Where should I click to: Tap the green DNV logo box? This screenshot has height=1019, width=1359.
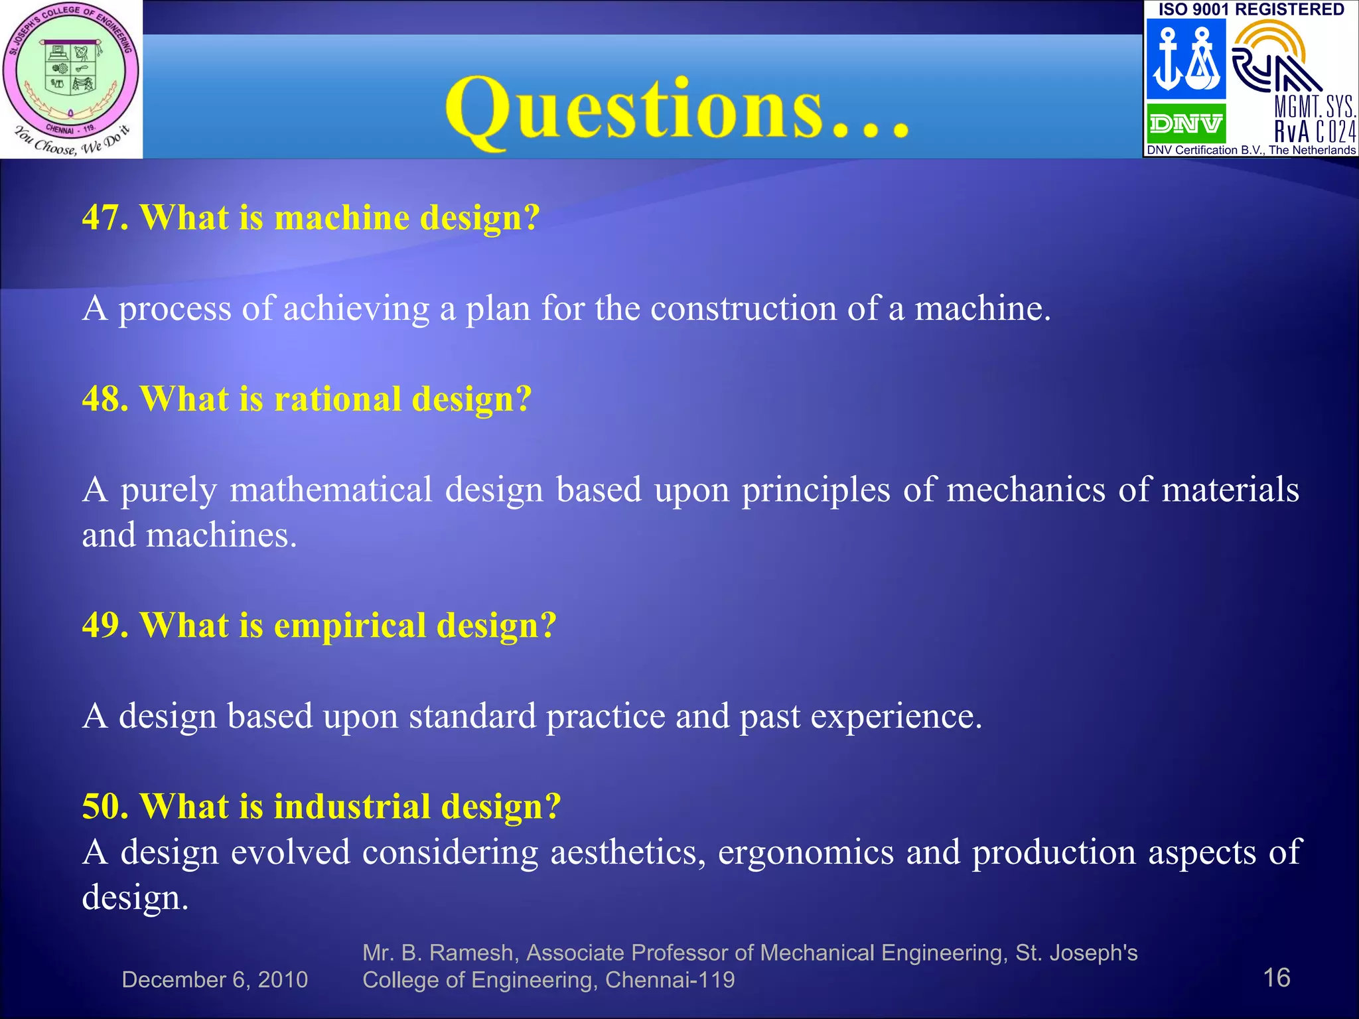pos(1186,123)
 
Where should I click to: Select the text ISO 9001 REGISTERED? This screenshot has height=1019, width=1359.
pos(1251,9)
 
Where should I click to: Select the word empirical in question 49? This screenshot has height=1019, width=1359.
pos(350,626)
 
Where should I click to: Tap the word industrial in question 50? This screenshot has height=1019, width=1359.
pos(352,807)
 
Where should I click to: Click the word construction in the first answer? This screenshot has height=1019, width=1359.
pos(743,308)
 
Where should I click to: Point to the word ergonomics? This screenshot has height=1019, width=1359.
pos(806,852)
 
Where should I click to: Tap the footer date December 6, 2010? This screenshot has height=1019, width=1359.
pos(214,980)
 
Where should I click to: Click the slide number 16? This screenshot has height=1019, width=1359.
pos(1276,978)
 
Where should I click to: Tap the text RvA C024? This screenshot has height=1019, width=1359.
pos(1315,131)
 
